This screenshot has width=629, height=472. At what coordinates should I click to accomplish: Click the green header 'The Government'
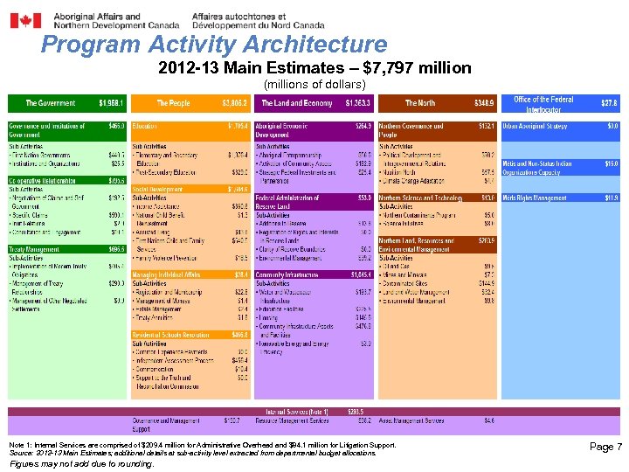pos(50,103)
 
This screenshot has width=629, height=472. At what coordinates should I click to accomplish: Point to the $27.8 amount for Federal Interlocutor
pos(608,103)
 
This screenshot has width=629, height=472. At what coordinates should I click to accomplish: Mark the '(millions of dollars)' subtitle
pos(314,85)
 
